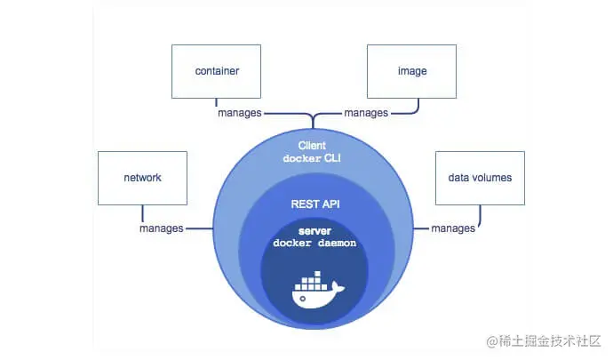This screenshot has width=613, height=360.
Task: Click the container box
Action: click(217, 70)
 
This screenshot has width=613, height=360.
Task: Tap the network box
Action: click(142, 177)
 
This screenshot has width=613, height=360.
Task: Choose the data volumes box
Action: click(474, 177)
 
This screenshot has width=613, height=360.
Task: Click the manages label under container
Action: click(240, 114)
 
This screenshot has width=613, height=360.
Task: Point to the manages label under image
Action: click(366, 114)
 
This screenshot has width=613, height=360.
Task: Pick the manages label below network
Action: click(162, 228)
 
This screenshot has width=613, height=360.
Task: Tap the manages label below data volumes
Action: click(453, 228)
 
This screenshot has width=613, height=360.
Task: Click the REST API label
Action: click(314, 204)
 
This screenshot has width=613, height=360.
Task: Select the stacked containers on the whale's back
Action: click(313, 281)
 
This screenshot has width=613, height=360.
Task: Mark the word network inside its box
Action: click(142, 177)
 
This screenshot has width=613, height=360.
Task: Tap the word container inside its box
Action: click(217, 70)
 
